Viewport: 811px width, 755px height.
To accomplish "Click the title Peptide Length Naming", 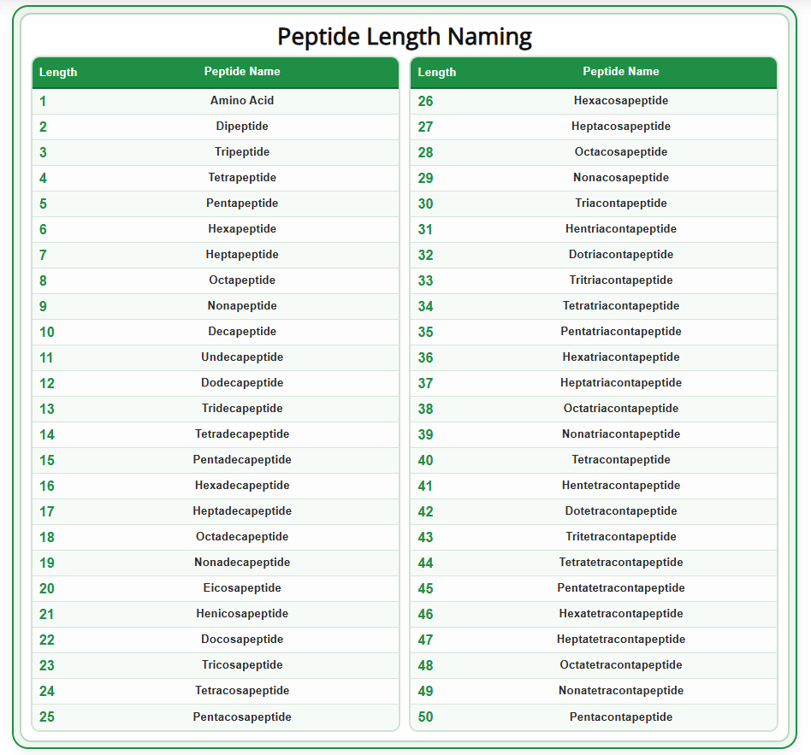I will point(405,37).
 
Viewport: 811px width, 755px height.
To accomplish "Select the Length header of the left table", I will point(58,73).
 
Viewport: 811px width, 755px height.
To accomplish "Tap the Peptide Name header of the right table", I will point(620,72).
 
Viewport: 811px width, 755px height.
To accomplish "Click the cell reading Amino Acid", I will point(242,101).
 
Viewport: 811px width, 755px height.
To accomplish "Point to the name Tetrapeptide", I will point(242,178).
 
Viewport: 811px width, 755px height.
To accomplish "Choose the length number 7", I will point(43,255).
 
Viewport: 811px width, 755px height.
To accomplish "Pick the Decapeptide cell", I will point(242,332).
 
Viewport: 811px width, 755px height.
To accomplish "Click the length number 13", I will point(46,409).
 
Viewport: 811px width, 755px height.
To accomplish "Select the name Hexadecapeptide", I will point(242,486).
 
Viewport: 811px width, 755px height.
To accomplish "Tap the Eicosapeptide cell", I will point(242,588).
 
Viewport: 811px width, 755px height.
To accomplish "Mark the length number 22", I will point(46,640).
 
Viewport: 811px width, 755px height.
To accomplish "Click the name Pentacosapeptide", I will point(242,717).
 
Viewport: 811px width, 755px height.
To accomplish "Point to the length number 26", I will point(425,101).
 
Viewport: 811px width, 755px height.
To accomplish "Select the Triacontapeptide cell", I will point(620,203).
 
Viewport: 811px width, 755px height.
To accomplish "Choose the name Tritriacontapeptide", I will point(620,280).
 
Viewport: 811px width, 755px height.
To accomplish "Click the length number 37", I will point(425,383).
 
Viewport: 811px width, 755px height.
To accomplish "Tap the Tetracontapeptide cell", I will point(620,460).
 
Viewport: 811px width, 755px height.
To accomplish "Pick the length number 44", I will point(425,563).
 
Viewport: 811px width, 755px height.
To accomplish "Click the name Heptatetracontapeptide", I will point(620,640).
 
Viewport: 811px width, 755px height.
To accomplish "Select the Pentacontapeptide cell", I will point(620,717).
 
